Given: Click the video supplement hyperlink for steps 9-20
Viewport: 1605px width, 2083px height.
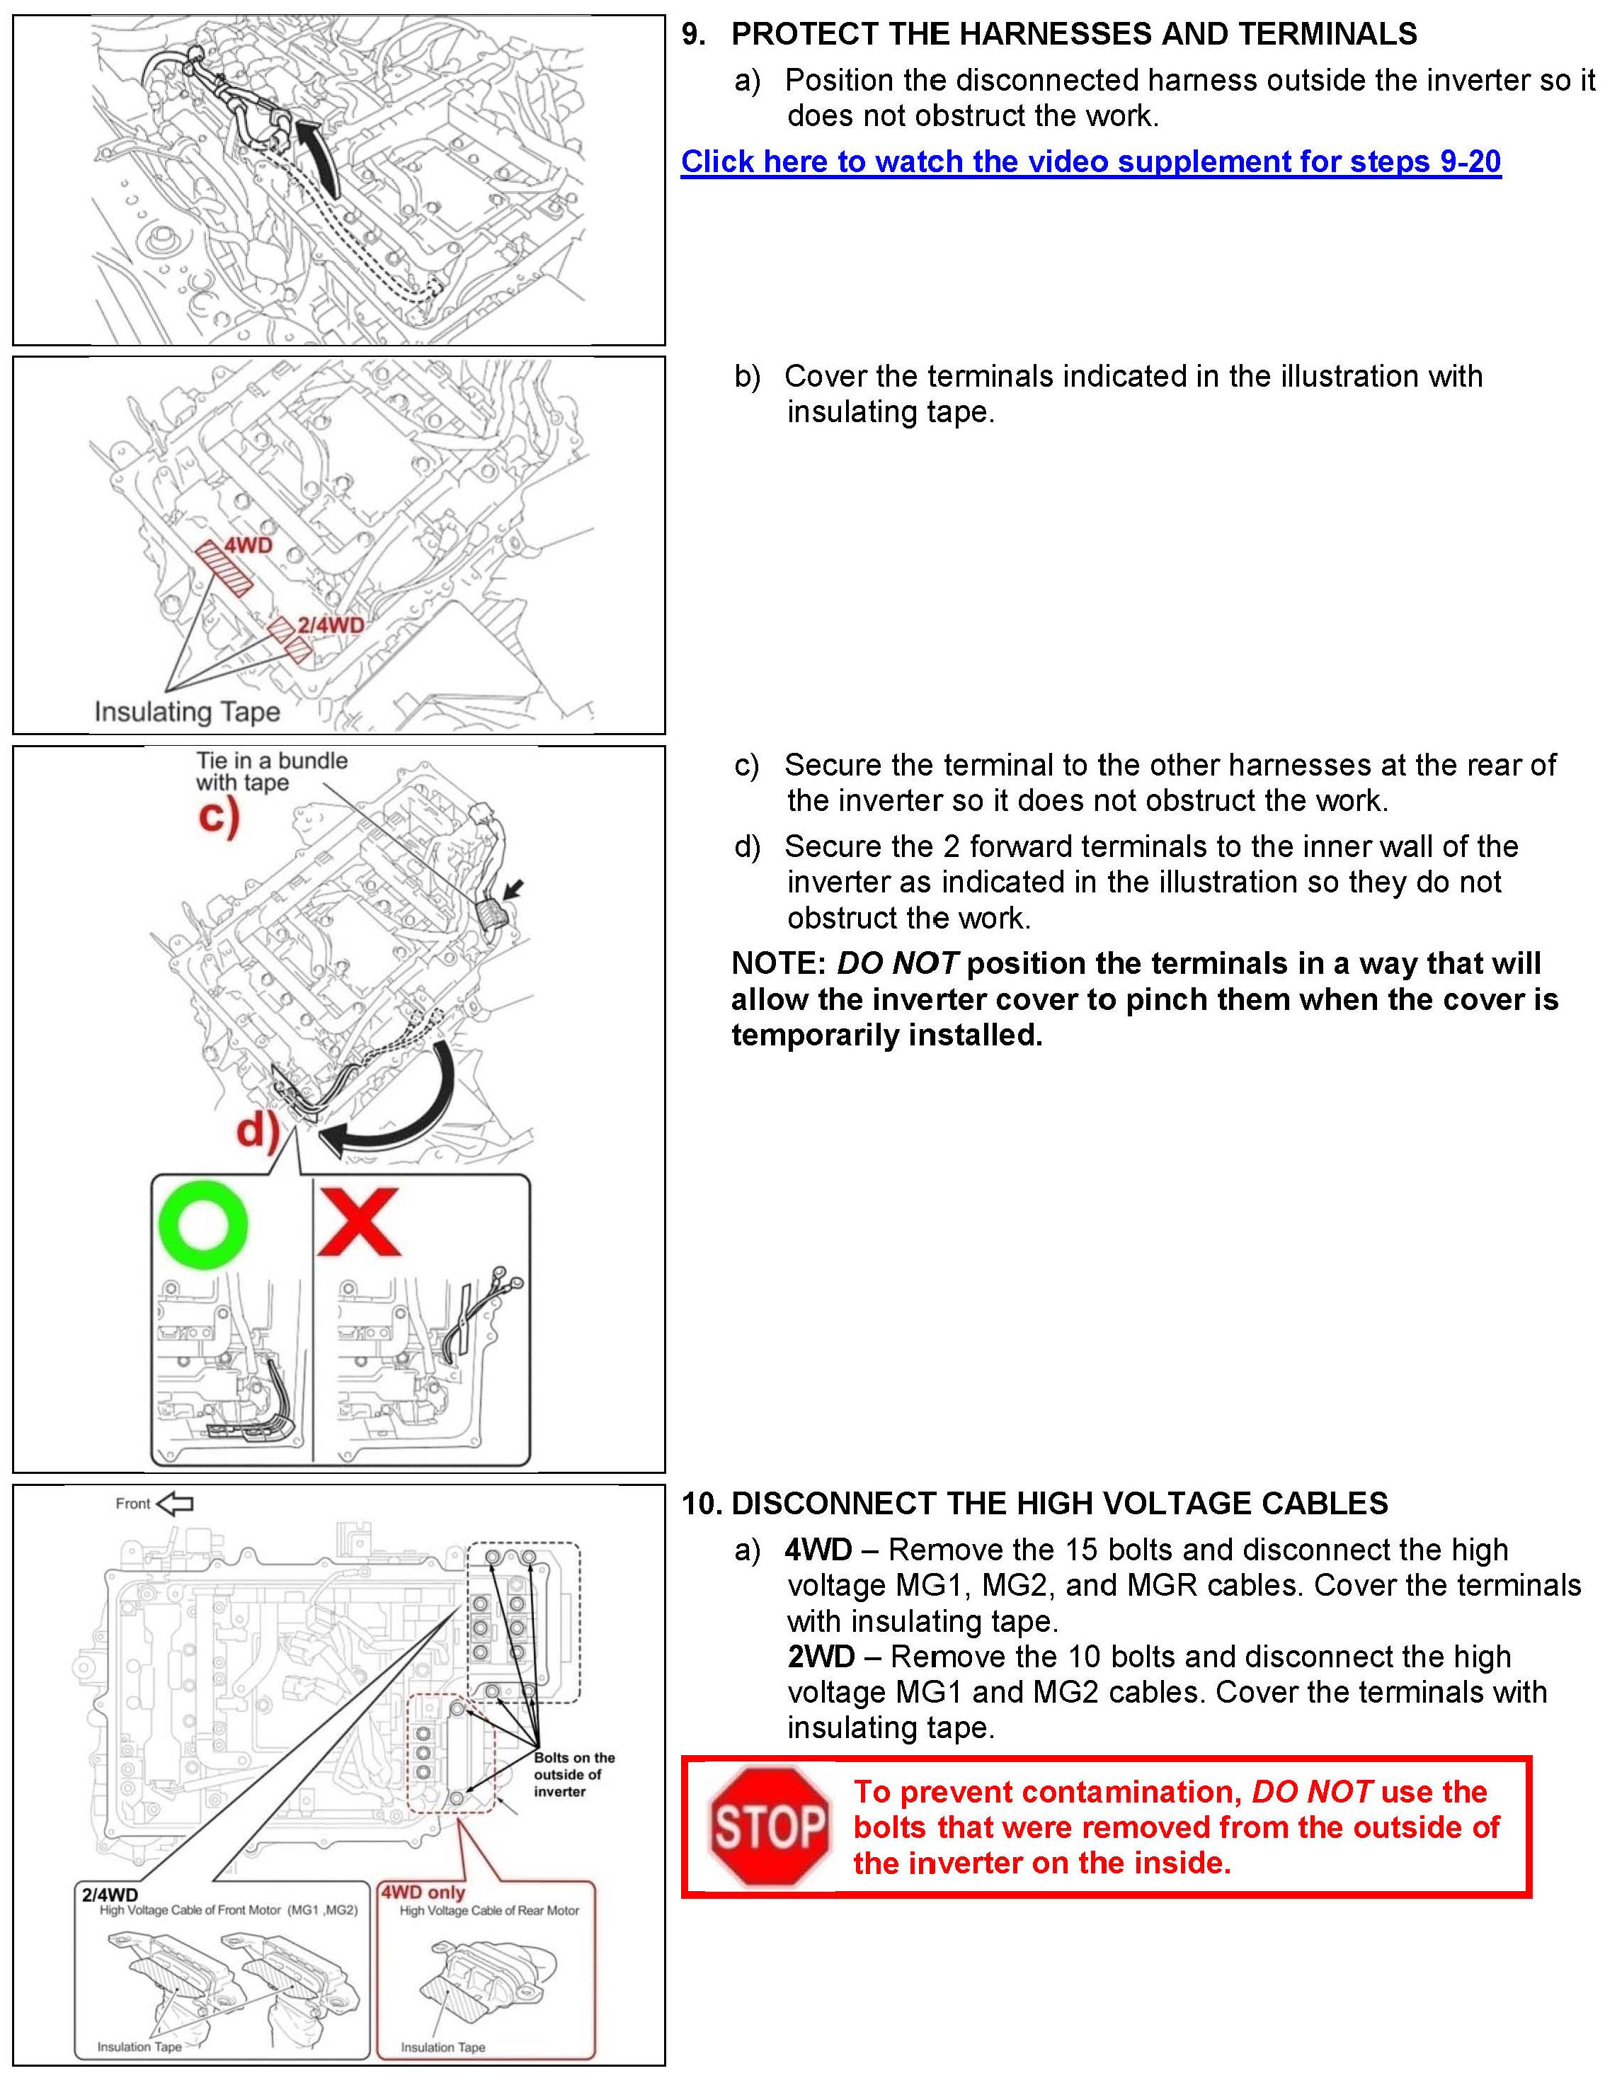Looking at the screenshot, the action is pyautogui.click(x=1090, y=161).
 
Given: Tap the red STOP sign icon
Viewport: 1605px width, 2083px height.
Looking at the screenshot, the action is pyautogui.click(x=770, y=1827).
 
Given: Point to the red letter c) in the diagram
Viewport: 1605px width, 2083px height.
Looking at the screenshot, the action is pyautogui.click(x=218, y=817).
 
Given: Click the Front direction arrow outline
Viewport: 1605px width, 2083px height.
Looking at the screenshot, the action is pyautogui.click(x=175, y=1504).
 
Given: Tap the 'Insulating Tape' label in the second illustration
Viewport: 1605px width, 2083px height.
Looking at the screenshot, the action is pyautogui.click(x=187, y=712).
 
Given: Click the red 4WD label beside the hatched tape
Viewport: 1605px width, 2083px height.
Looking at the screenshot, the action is pyautogui.click(x=248, y=545).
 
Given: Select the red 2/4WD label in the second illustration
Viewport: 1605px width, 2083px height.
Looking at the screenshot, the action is pyautogui.click(x=330, y=625).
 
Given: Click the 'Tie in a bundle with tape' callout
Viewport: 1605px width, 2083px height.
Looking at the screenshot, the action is pyautogui.click(x=271, y=771).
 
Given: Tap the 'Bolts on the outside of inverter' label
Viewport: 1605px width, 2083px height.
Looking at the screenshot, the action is pyautogui.click(x=573, y=1774).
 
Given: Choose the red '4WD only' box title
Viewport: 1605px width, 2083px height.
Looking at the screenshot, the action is pyautogui.click(x=423, y=1892).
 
